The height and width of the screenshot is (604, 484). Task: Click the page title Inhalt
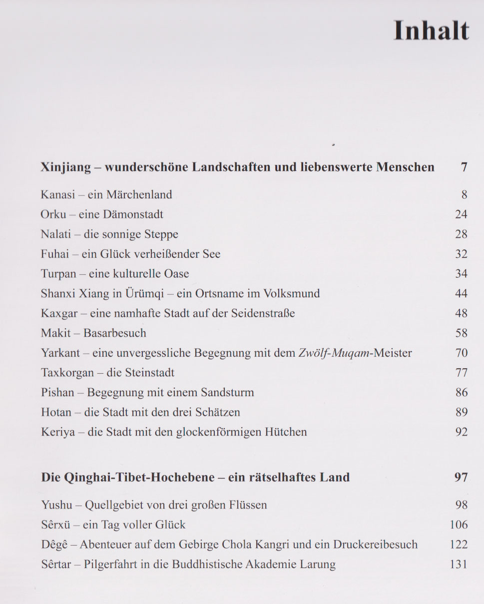(x=431, y=30)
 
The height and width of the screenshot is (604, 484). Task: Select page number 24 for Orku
(x=461, y=214)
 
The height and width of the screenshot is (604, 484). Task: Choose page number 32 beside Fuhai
(x=461, y=254)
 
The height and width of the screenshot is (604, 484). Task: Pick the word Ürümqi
(x=144, y=294)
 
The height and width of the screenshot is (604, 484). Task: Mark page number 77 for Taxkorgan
(x=461, y=373)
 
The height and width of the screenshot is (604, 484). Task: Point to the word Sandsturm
(x=227, y=393)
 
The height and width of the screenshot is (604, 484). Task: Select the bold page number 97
(x=461, y=478)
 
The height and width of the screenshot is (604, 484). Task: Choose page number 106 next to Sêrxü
(x=459, y=525)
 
